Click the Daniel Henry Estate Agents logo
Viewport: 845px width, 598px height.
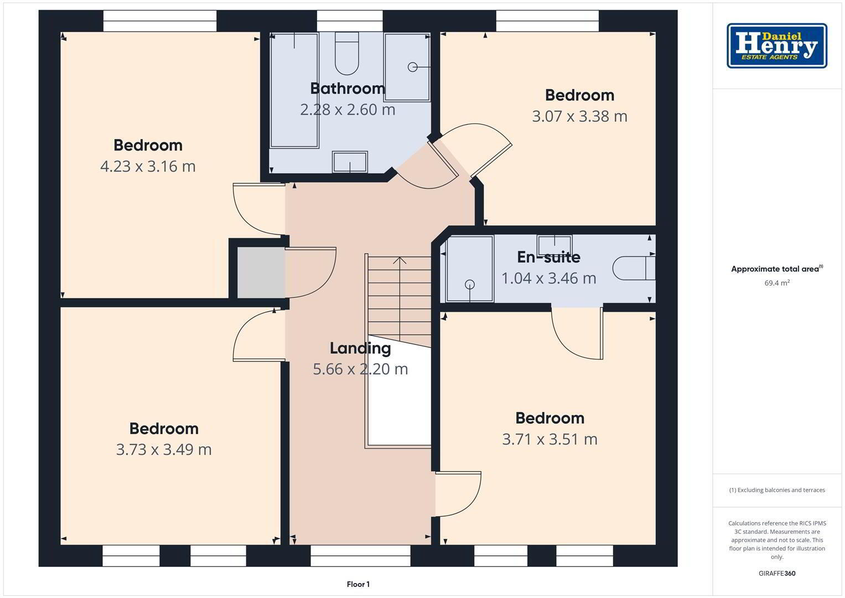pyautogui.click(x=777, y=45)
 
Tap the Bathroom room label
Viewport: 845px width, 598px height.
pyautogui.click(x=348, y=89)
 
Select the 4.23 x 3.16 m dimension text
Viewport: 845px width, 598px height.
pyautogui.click(x=148, y=166)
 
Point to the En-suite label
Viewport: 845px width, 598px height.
pyautogui.click(x=548, y=257)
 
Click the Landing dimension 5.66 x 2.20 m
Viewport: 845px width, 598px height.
pyautogui.click(x=360, y=369)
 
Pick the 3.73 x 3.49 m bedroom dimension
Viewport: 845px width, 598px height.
pyautogui.click(x=164, y=449)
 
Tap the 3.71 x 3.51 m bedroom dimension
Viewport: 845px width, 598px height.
pyautogui.click(x=549, y=439)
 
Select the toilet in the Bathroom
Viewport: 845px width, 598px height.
pyautogui.click(x=346, y=53)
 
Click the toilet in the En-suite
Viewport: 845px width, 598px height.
pyautogui.click(x=634, y=269)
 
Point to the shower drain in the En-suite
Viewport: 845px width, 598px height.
pyautogui.click(x=470, y=284)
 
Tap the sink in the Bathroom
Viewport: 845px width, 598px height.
pyautogui.click(x=350, y=162)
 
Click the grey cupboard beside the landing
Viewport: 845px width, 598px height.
pyautogui.click(x=261, y=272)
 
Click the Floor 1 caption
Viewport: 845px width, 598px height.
pyautogui.click(x=358, y=584)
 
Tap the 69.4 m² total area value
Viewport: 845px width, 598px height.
pyautogui.click(x=777, y=283)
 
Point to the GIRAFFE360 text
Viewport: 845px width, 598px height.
pyautogui.click(x=777, y=573)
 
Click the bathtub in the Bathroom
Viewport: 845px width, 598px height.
pyautogui.click(x=294, y=90)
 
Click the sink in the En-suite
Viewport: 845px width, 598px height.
pyautogui.click(x=554, y=245)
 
